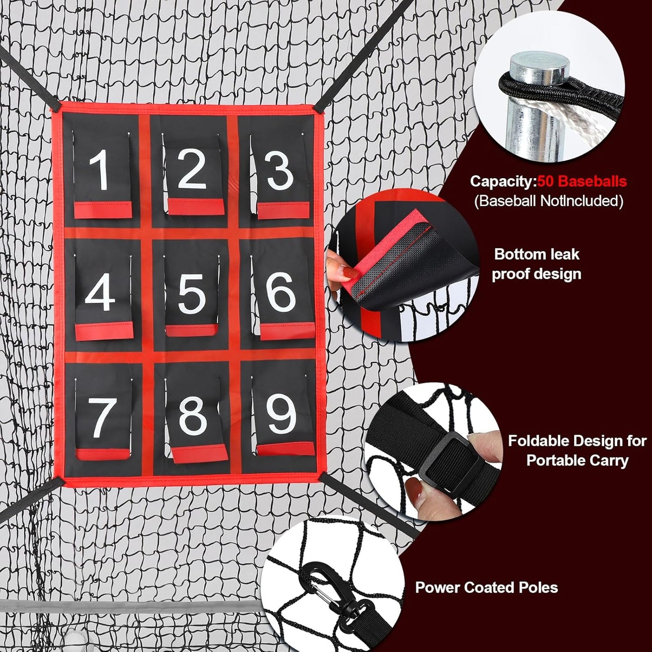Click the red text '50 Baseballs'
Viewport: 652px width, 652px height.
(582, 181)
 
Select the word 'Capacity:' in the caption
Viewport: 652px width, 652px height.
(503, 181)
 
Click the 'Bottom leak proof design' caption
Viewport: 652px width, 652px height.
(536, 264)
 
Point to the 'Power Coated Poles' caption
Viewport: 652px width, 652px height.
(486, 587)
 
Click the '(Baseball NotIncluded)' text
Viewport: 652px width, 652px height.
(548, 201)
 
